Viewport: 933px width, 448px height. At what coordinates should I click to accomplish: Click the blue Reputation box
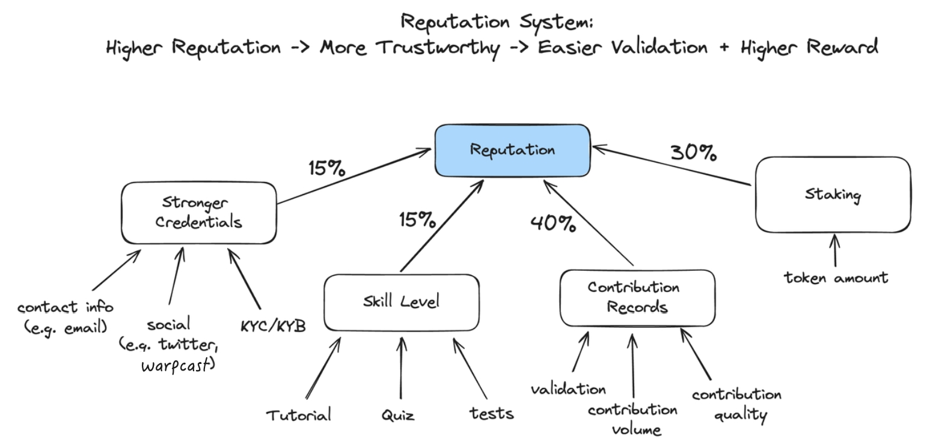(x=512, y=151)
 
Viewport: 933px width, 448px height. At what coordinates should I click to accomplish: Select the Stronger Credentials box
(x=199, y=213)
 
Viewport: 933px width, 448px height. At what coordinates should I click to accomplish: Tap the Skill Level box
(x=401, y=301)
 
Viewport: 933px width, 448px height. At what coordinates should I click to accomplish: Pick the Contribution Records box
(x=637, y=297)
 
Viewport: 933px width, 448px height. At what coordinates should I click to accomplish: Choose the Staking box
(x=833, y=195)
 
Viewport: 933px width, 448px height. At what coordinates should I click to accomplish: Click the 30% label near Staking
(x=693, y=153)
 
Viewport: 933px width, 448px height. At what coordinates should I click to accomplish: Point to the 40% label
(x=553, y=224)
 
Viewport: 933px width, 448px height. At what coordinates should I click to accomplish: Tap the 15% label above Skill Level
(x=417, y=220)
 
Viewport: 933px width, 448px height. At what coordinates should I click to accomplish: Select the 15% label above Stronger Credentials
(x=326, y=168)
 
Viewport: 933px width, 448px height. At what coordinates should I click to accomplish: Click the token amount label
(x=836, y=278)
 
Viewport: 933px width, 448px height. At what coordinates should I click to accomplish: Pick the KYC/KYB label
(x=273, y=326)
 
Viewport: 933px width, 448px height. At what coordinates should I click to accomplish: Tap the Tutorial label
(x=299, y=415)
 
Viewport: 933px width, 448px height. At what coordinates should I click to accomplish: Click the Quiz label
(x=398, y=415)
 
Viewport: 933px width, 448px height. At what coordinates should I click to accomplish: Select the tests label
(x=492, y=413)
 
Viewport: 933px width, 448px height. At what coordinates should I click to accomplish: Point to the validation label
(x=568, y=389)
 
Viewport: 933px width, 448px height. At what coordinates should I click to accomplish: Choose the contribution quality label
(x=737, y=404)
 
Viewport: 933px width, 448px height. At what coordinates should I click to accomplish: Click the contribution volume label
(x=633, y=419)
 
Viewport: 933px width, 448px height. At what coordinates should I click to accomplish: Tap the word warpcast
(x=177, y=365)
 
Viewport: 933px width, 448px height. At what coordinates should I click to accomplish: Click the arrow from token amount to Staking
(x=834, y=251)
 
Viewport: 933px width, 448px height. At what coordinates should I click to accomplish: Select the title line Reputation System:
(x=497, y=22)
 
